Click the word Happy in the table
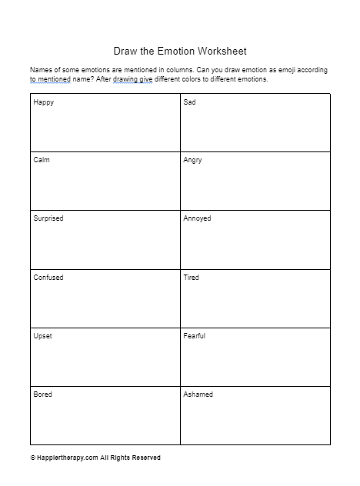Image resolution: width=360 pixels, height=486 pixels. coord(43,102)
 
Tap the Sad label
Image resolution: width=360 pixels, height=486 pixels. coord(189,102)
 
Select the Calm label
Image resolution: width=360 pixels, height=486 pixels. coord(42,160)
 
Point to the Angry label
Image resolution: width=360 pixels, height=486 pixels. coord(192,160)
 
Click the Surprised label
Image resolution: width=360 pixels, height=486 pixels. coord(48,218)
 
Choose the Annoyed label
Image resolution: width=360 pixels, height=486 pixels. coord(197,218)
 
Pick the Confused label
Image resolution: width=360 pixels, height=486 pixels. coord(48,277)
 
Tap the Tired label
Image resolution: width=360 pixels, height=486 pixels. coord(191,277)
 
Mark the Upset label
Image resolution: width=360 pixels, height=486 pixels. coord(42,336)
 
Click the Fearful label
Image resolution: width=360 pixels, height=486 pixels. coord(194,336)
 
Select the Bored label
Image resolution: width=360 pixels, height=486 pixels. coord(42,394)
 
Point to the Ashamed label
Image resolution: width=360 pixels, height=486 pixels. coord(198,394)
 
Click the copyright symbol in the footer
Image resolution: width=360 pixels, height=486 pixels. coord(32,458)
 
